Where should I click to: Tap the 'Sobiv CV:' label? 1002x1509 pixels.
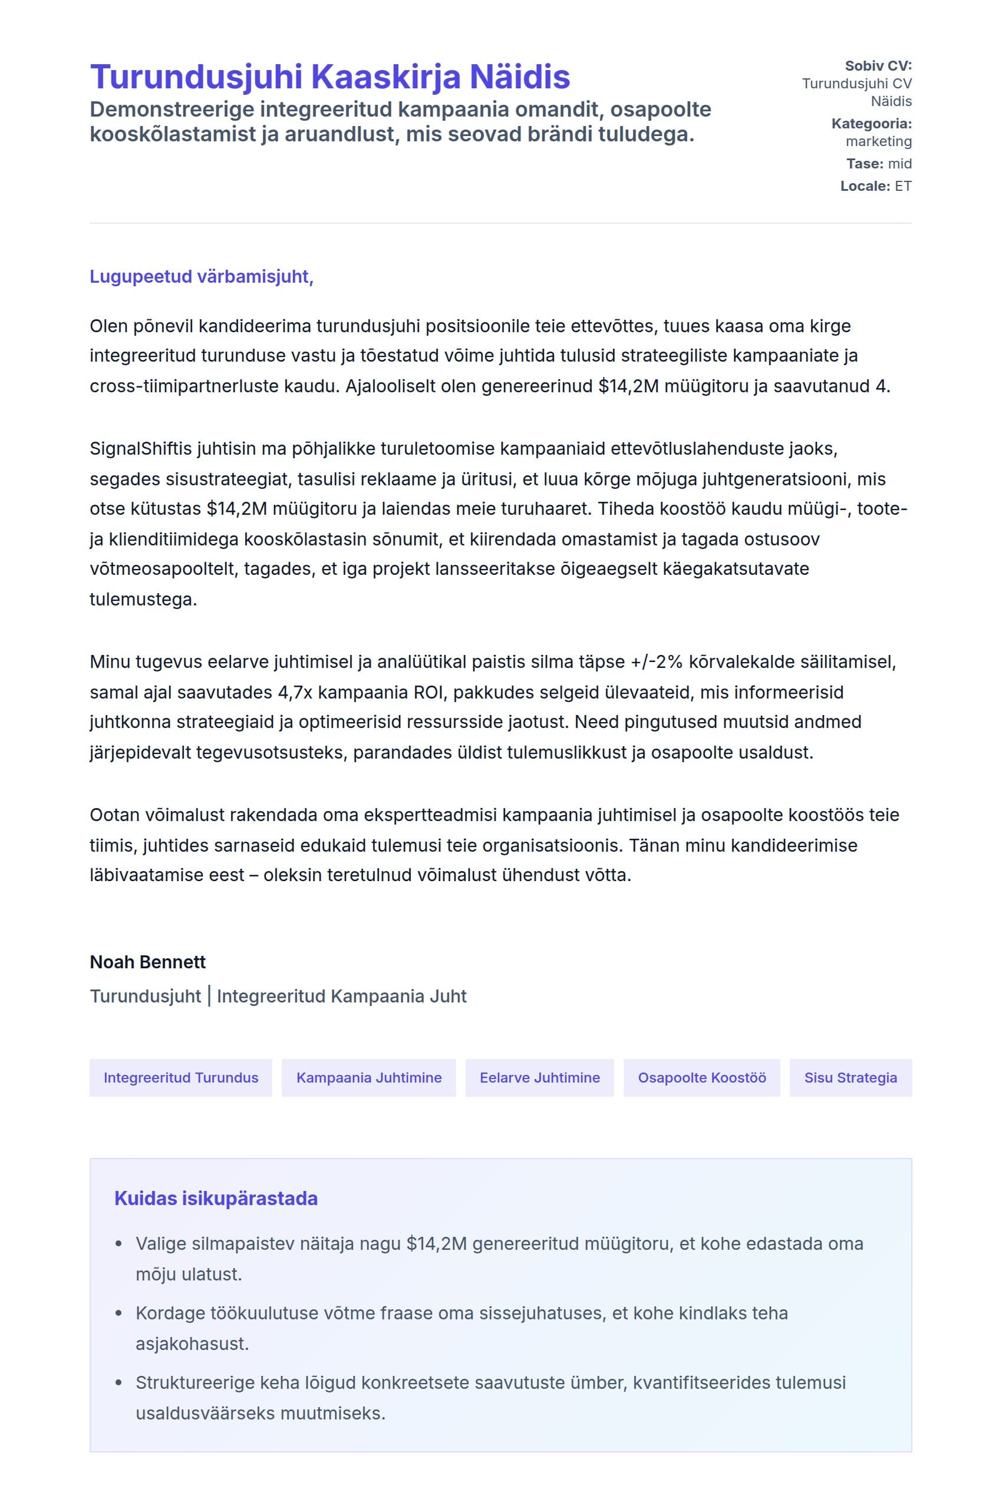tap(878, 66)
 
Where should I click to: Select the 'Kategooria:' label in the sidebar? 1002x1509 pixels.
tap(871, 124)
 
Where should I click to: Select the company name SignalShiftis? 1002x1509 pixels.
tap(141, 449)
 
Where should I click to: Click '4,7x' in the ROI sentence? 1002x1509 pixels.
tap(293, 693)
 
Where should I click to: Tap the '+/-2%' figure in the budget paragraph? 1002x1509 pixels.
tap(657, 662)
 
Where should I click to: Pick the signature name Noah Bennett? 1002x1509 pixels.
tap(147, 962)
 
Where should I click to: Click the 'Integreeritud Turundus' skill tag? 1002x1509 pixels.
tap(181, 1078)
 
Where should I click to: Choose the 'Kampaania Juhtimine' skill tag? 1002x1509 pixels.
tap(369, 1078)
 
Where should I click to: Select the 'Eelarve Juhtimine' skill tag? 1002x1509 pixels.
tap(539, 1078)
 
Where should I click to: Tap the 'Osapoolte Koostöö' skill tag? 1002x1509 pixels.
tap(701, 1078)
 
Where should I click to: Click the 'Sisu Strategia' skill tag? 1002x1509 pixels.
tap(850, 1078)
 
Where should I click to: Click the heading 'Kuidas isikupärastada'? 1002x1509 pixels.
tap(216, 1199)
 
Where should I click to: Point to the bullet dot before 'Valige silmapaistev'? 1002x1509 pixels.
tap(118, 1245)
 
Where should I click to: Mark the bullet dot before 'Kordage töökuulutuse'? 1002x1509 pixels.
tap(118, 1313)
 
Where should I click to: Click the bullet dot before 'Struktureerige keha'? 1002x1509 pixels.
tap(118, 1383)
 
